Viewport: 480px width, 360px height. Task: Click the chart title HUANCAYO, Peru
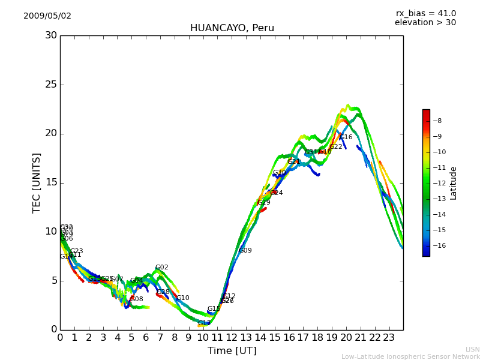(232, 28)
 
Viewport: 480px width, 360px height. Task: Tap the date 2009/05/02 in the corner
(47, 16)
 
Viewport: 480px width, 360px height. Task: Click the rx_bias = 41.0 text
(425, 13)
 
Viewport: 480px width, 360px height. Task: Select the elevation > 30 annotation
(425, 23)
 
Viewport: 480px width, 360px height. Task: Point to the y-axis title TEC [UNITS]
(37, 182)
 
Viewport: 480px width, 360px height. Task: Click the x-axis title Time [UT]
(232, 350)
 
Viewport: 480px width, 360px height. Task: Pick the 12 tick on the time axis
(232, 337)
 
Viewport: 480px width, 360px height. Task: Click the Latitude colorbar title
(454, 182)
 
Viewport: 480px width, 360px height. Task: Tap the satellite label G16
(346, 137)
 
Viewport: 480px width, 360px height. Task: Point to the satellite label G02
(162, 268)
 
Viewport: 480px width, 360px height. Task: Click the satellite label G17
(205, 323)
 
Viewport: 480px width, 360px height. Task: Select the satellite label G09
(245, 251)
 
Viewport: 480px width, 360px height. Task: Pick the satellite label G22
(336, 147)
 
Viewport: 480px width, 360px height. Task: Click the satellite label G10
(183, 298)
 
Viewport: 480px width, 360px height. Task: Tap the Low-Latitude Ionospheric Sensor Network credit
(410, 356)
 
